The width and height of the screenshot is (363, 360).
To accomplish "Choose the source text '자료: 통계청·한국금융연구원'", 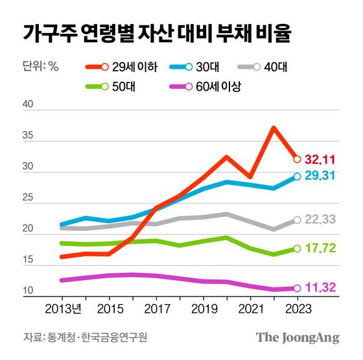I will click(85, 337).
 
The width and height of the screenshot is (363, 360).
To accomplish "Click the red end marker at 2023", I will click(297, 159).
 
